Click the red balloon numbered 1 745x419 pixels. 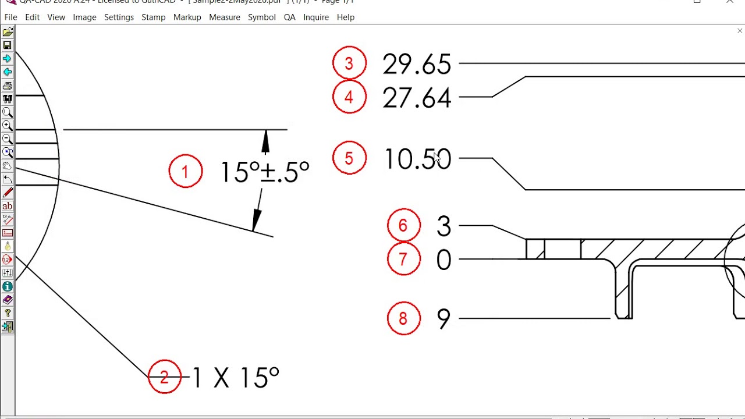point(186,171)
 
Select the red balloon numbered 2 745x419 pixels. point(165,377)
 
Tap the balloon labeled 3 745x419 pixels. point(349,63)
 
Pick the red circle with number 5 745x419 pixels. point(349,158)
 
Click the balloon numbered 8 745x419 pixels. point(403,318)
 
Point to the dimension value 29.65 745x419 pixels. point(417,64)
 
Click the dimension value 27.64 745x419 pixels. point(417,98)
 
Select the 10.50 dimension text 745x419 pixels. point(418,159)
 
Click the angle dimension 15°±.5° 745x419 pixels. point(265,172)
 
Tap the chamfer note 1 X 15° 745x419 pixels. point(236,378)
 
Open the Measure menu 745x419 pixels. point(225,17)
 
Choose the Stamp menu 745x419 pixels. point(153,17)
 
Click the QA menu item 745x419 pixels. point(289,17)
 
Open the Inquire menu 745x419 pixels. point(316,17)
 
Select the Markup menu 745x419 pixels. point(187,17)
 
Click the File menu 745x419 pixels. point(10,17)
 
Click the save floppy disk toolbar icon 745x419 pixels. point(8,45)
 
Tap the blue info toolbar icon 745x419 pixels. point(8,286)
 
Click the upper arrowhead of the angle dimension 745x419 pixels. point(266,141)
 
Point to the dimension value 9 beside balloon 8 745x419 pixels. point(444,319)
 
